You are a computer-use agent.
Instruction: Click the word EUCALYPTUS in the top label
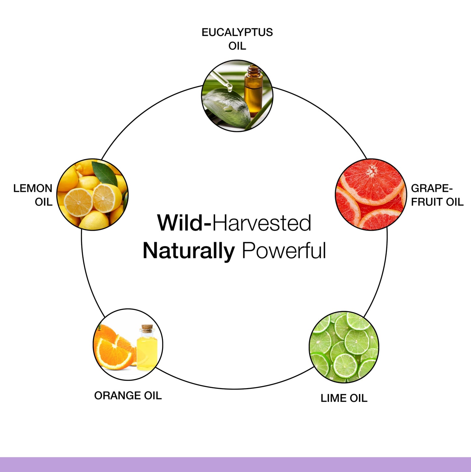click(x=237, y=33)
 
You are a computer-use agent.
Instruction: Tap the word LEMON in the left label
click(x=33, y=188)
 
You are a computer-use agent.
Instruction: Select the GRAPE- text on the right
click(x=432, y=188)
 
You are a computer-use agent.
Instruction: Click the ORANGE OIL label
click(x=128, y=395)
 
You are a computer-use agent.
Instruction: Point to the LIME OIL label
click(x=344, y=398)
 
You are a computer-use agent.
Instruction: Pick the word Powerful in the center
click(x=284, y=250)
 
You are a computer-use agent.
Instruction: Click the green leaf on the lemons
click(x=105, y=174)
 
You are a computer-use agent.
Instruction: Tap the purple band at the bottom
click(x=235, y=464)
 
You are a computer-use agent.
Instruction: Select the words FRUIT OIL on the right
click(x=437, y=202)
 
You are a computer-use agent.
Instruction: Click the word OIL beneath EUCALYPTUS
click(x=237, y=46)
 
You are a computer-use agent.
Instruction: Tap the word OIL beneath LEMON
click(x=44, y=202)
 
